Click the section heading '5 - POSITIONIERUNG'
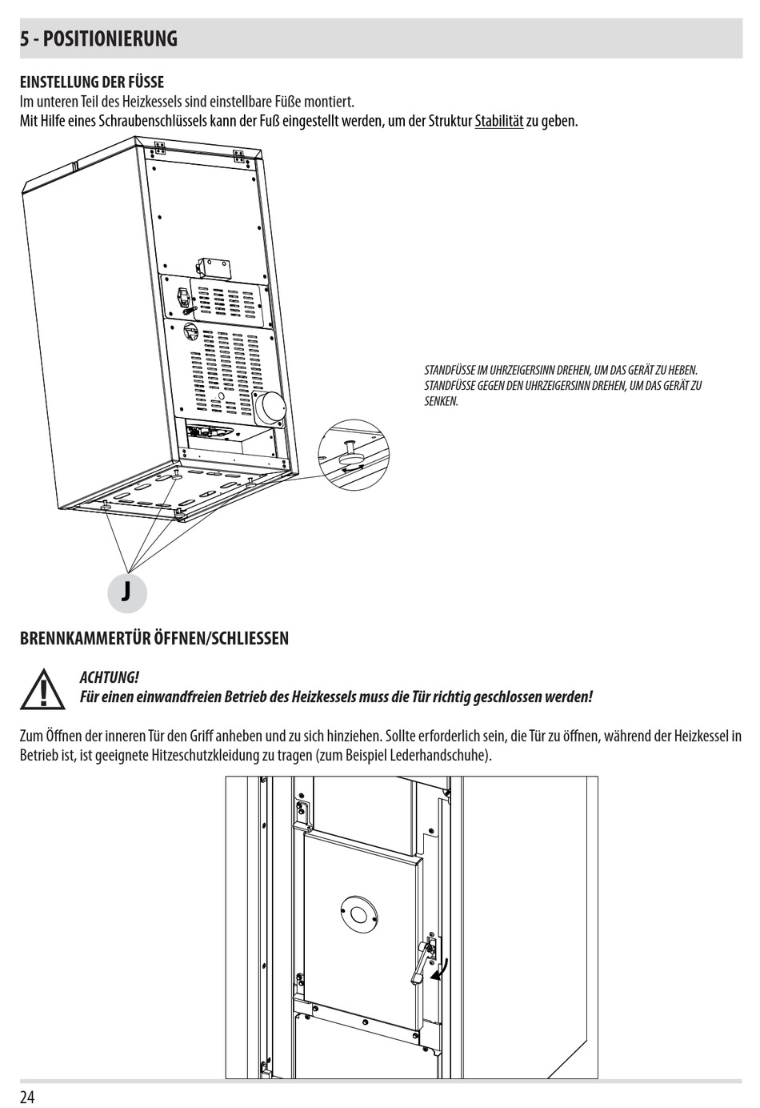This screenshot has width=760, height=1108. (x=99, y=38)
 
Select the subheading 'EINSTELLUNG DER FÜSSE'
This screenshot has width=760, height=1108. (x=91, y=82)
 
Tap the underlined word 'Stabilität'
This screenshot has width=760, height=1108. (x=498, y=122)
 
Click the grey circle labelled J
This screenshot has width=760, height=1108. (x=126, y=592)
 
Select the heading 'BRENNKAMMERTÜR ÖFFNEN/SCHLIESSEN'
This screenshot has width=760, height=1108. (x=154, y=638)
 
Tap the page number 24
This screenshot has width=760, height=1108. (x=27, y=1096)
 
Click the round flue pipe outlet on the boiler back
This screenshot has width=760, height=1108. (x=270, y=407)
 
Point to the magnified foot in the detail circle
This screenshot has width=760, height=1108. (x=350, y=454)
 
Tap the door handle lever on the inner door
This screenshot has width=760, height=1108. (x=419, y=961)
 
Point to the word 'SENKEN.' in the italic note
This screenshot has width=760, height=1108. (x=441, y=401)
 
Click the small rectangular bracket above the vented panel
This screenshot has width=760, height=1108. (x=213, y=266)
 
